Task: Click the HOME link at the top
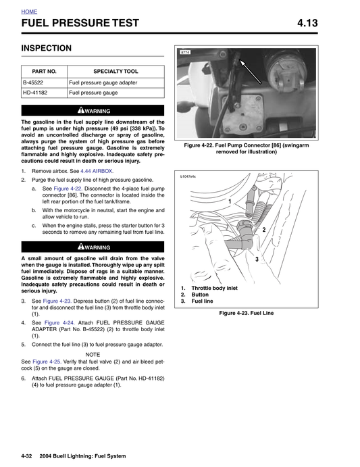click(x=29, y=12)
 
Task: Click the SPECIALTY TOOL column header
click(x=115, y=71)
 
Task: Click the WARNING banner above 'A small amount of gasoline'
click(x=93, y=247)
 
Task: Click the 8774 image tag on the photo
click(x=186, y=52)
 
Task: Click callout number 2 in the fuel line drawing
click(x=263, y=230)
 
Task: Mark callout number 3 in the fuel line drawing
click(x=257, y=260)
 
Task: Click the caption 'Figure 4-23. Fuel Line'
click(x=246, y=314)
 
